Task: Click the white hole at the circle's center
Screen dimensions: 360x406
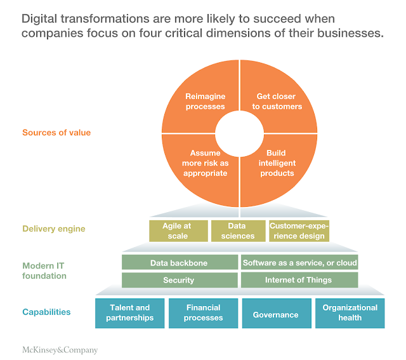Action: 240,133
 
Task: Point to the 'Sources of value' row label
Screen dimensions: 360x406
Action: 56,133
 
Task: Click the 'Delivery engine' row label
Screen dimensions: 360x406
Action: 54,229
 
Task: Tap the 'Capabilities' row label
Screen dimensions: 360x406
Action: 46,312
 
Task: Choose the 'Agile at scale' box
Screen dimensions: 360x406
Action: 178,231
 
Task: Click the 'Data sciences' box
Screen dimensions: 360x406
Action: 238,231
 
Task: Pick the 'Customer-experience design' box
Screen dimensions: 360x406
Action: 298,231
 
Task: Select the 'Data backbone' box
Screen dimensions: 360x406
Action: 179,262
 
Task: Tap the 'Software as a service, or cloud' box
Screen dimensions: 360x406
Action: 299,262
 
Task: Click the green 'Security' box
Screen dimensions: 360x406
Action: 179,280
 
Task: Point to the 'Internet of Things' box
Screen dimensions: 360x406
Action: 299,280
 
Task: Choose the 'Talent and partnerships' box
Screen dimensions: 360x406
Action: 129,313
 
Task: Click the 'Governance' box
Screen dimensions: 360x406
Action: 276,314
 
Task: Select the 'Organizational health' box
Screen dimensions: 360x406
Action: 350,313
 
